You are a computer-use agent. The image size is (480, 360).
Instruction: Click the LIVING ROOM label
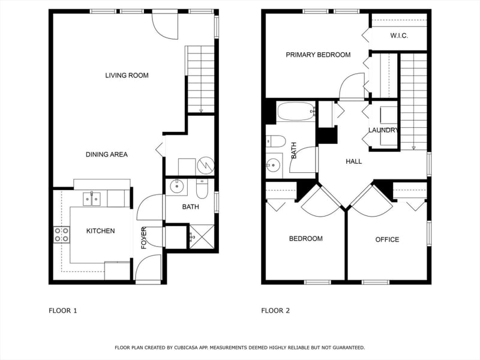click(x=127, y=76)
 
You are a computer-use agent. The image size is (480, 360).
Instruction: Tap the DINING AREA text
click(x=107, y=154)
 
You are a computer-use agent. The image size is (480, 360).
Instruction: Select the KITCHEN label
click(x=100, y=231)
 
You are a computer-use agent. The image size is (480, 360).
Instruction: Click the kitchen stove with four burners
click(x=62, y=235)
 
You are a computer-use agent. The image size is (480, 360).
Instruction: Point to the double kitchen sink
click(x=92, y=199)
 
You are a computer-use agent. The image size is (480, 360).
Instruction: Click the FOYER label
click(x=144, y=238)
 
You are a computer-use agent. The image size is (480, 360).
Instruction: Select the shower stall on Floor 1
click(x=202, y=236)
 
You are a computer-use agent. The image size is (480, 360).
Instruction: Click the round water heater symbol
click(x=205, y=166)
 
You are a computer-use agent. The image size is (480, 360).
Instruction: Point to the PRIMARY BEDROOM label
click(x=318, y=55)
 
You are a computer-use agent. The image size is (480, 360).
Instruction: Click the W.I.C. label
click(x=399, y=35)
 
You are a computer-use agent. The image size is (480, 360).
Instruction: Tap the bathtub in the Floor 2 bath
click(x=296, y=112)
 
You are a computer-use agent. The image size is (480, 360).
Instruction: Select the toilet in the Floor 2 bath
click(x=276, y=142)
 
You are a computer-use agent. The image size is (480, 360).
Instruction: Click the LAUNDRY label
click(x=383, y=130)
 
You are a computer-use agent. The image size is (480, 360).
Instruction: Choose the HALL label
click(x=354, y=161)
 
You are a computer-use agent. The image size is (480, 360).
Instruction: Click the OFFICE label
click(x=387, y=239)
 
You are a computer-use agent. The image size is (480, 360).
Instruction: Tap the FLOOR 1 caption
click(x=63, y=311)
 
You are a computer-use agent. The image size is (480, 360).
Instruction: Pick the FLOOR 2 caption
click(x=275, y=311)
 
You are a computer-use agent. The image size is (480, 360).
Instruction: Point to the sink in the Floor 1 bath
click(x=176, y=187)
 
